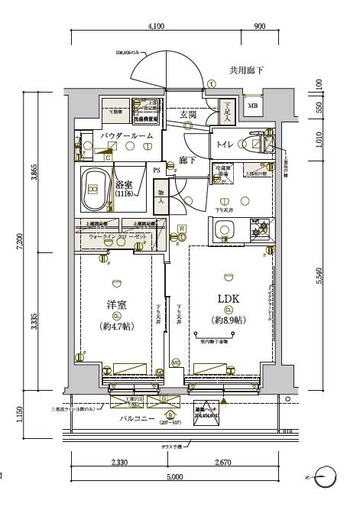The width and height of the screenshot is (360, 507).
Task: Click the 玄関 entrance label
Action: tap(189, 115)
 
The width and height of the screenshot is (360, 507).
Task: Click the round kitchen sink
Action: tap(225, 229)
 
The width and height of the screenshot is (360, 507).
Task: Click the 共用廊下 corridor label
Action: tap(246, 70)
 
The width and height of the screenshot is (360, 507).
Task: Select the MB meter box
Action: tap(252, 106)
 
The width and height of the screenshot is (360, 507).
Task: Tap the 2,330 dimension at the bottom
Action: tap(119, 463)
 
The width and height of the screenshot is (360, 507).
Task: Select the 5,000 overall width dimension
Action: tap(174, 477)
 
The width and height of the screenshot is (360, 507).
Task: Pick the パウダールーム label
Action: tap(127, 135)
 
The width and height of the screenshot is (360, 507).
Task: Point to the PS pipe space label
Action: tap(157, 170)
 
